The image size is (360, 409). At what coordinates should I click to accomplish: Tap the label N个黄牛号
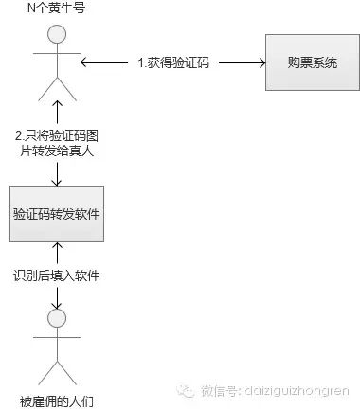pos(57,10)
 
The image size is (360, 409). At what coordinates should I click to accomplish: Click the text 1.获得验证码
pos(173,63)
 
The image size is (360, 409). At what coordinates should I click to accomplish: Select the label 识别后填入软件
pos(58,276)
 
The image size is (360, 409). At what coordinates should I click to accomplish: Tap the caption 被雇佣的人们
pos(57,399)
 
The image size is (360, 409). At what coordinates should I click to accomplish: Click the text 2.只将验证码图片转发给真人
pos(58,142)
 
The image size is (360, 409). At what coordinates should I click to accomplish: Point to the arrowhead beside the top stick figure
pos(86,63)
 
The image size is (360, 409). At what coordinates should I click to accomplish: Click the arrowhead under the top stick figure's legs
pos(58,107)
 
